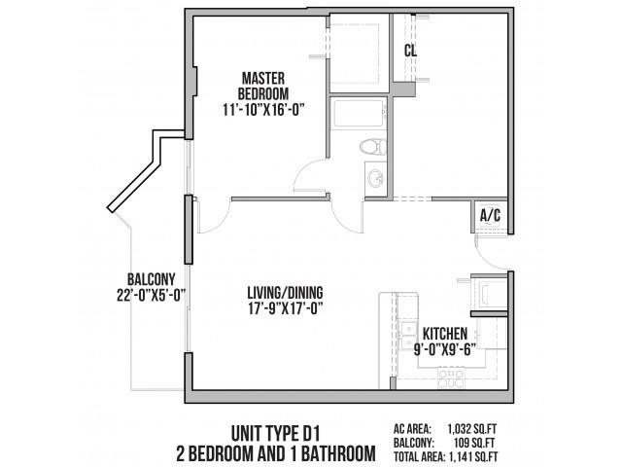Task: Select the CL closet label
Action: tap(411, 48)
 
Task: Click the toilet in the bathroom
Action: tap(368, 148)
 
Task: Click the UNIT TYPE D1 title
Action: tap(276, 431)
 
